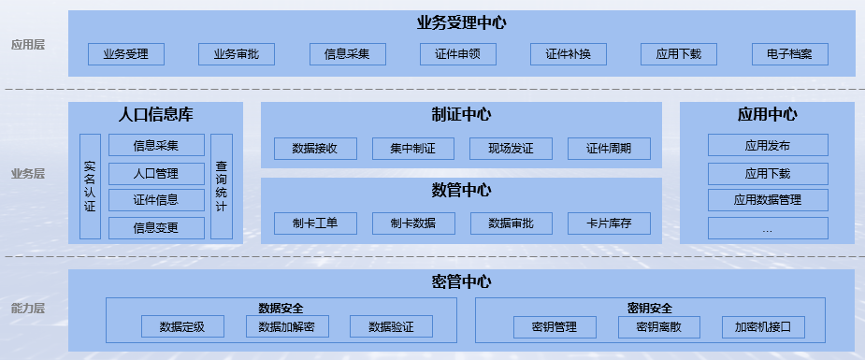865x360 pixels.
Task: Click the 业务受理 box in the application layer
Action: coord(126,54)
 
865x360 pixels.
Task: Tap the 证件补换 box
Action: coord(569,54)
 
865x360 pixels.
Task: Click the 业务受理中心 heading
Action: coord(461,22)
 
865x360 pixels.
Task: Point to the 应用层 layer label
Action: coord(28,44)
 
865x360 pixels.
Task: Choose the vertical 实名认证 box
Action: coord(90,186)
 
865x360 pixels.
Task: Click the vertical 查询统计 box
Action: coord(222,186)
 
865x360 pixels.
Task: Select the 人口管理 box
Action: coord(156,173)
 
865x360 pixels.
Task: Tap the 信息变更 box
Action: coord(156,227)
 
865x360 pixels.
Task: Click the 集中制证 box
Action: coord(412,149)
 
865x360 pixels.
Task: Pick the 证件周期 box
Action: coord(608,149)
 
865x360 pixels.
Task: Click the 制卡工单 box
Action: coord(314,223)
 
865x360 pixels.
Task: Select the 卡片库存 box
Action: coord(608,223)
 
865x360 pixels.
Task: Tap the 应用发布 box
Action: coord(768,145)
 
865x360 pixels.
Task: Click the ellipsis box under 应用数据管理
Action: coord(768,228)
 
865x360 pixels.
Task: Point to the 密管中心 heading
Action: coord(461,281)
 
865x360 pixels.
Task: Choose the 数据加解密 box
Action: coord(287,326)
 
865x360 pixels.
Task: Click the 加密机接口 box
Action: coord(763,326)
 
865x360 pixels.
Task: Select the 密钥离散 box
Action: coord(658,326)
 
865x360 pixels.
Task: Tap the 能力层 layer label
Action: coord(28,308)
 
